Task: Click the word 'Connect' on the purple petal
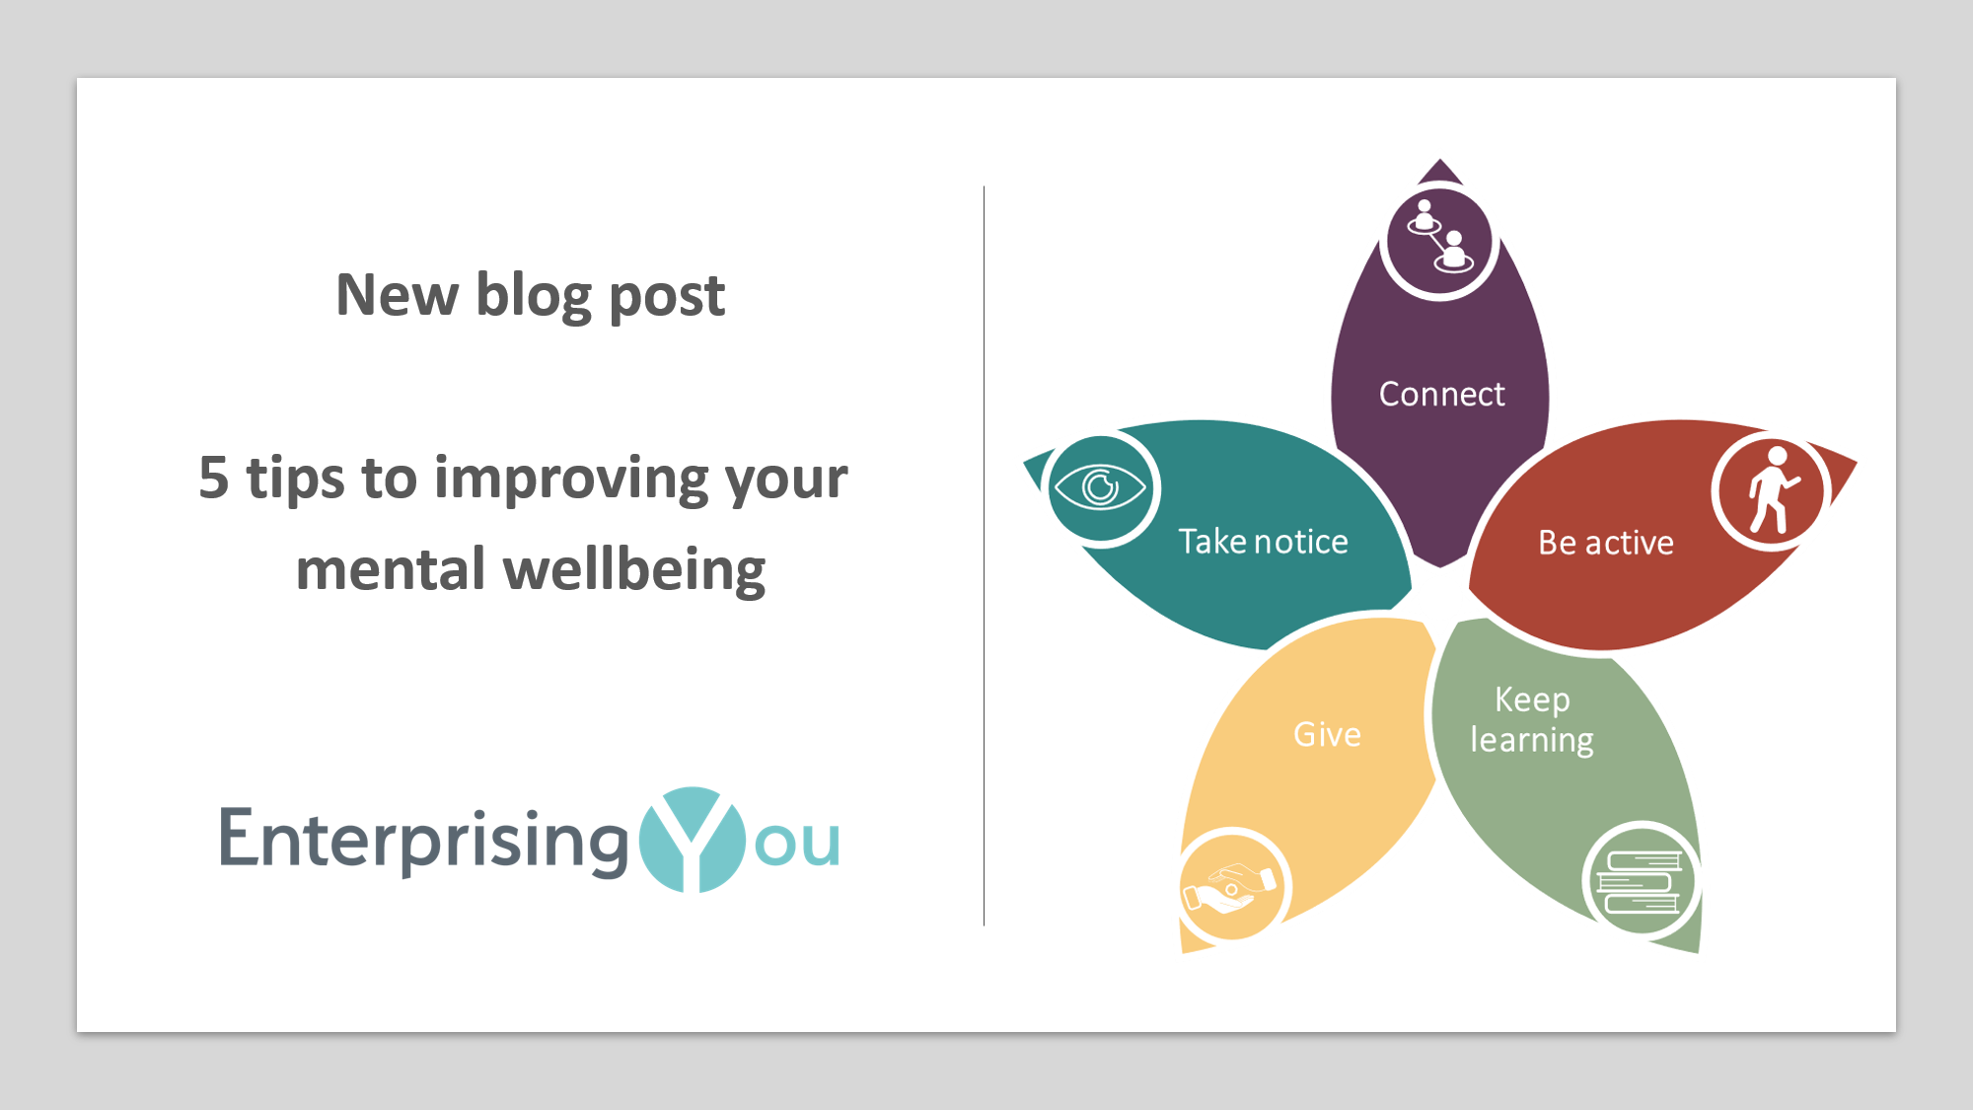click(1441, 395)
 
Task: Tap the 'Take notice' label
click(1263, 542)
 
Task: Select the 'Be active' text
click(1605, 543)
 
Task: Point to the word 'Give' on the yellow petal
click(1327, 735)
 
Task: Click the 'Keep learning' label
click(1531, 719)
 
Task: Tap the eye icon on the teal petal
click(1100, 487)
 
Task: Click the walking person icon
click(1773, 490)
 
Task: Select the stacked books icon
click(1640, 881)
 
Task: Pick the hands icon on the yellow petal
click(1232, 886)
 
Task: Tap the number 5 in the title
click(213, 479)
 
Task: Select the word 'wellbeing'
click(634, 570)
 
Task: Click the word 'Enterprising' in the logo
click(423, 841)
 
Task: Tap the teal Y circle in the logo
click(693, 840)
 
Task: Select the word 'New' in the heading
click(397, 295)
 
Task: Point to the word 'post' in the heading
click(667, 297)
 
